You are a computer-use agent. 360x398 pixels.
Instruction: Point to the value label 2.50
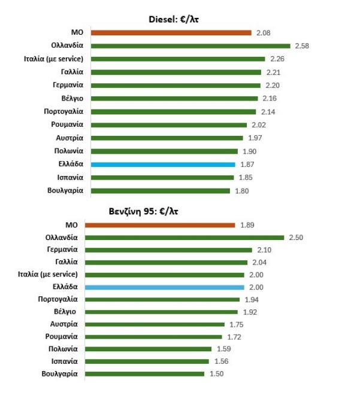pos(296,238)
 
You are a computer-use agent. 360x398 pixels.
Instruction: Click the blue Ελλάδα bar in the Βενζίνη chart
pos(165,287)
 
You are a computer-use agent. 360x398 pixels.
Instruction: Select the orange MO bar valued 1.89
pos(160,225)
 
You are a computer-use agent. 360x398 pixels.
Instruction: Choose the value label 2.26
pos(277,59)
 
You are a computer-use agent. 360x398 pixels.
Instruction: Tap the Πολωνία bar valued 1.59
pos(149,349)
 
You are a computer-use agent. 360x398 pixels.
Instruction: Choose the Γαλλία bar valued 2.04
pos(166,262)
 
